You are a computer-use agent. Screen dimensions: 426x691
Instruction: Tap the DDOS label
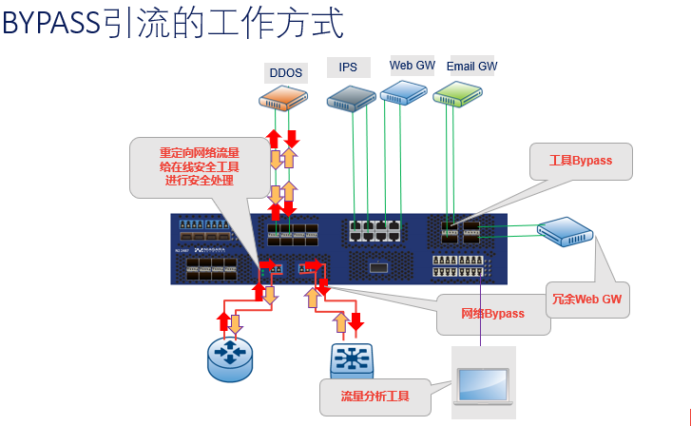click(x=285, y=71)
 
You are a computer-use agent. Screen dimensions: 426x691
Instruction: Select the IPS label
click(x=348, y=68)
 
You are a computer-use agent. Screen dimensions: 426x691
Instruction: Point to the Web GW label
click(x=413, y=66)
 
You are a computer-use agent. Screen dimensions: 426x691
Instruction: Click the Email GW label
click(x=472, y=67)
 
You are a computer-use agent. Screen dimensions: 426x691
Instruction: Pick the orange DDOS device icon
click(x=283, y=97)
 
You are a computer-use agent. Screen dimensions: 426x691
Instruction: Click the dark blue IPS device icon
click(x=352, y=96)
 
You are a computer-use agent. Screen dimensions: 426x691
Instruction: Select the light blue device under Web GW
click(x=404, y=92)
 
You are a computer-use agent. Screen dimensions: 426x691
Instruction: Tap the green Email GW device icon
click(x=458, y=93)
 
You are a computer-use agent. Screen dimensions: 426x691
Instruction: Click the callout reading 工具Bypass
click(x=581, y=161)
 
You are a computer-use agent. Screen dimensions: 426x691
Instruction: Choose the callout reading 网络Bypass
click(x=492, y=314)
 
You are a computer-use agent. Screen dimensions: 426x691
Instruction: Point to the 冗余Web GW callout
click(x=586, y=299)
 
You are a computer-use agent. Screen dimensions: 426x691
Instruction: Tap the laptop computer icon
click(x=483, y=383)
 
